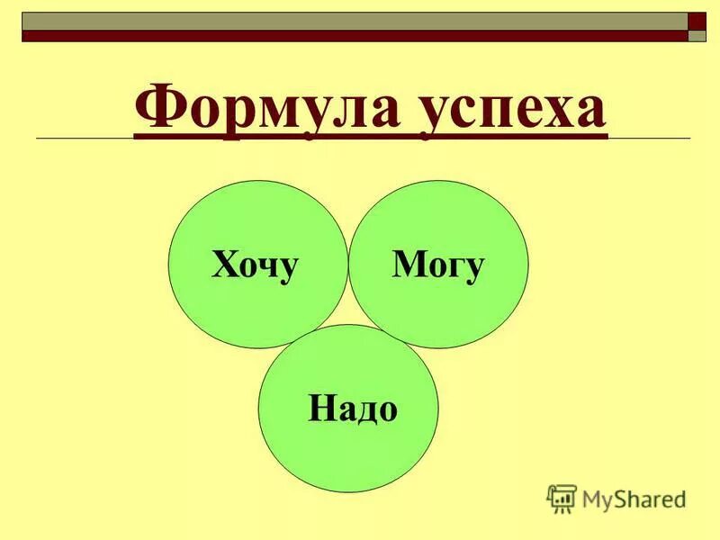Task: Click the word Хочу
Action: [x=255, y=265]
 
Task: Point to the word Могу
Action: [x=438, y=265]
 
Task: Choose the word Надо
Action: [x=352, y=409]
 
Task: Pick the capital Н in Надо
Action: [x=319, y=409]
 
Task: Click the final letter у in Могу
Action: [x=475, y=268]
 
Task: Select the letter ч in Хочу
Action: [x=269, y=267]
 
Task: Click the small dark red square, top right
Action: [x=697, y=22]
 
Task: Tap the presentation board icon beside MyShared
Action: [x=562, y=499]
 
